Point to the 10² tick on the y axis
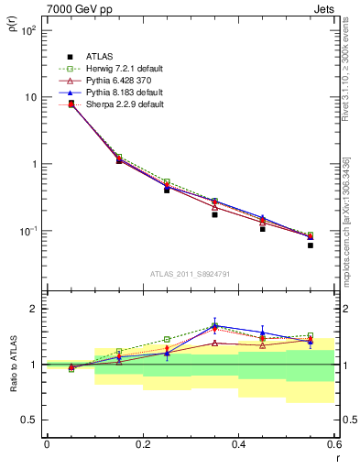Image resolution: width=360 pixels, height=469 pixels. click(28, 30)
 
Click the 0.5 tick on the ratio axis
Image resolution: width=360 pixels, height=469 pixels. click(29, 420)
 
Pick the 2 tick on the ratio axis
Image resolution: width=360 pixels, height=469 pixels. click(33, 309)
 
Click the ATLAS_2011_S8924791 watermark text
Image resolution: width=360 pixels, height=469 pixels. click(190, 273)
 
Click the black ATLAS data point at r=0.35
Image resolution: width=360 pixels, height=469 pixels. click(214, 214)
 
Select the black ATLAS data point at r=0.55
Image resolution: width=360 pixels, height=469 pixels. click(311, 245)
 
